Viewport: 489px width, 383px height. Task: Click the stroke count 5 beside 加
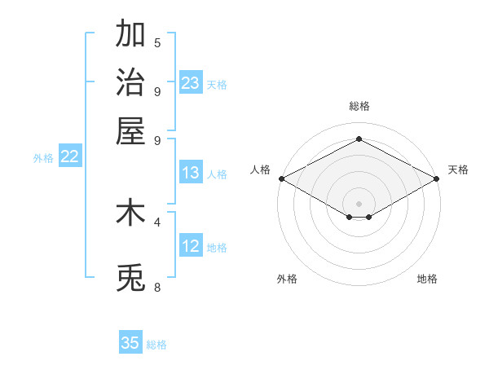[x=157, y=43]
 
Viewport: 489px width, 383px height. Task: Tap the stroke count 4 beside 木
[x=157, y=221]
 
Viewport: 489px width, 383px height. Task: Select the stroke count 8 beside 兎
[x=157, y=287]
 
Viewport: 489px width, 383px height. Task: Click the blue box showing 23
[x=191, y=82]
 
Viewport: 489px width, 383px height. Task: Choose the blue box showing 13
[x=191, y=173]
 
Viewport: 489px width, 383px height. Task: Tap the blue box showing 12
[x=191, y=246]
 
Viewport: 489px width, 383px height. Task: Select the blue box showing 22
[x=69, y=157]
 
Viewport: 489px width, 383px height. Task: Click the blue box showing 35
[x=130, y=343]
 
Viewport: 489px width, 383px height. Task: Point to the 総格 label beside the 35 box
[x=156, y=345]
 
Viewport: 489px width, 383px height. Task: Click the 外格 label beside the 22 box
[x=42, y=159]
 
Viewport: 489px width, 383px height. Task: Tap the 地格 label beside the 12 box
[x=217, y=248]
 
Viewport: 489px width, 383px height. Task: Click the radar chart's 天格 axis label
[x=458, y=169]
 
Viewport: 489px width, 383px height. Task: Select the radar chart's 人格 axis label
[x=260, y=169]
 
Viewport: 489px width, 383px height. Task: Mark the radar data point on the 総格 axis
[x=359, y=139]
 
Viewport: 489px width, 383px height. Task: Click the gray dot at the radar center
[x=359, y=203]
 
